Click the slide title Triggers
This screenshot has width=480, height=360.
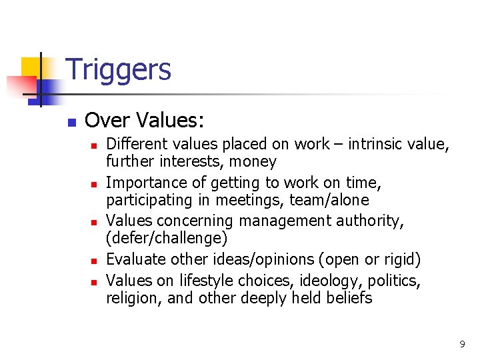pyautogui.click(x=119, y=69)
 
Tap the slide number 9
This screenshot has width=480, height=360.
pyautogui.click(x=462, y=345)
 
